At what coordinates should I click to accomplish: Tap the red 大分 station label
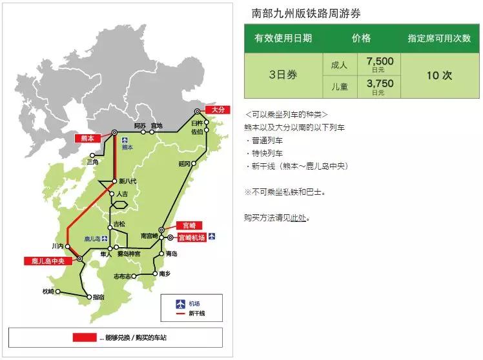[216, 110]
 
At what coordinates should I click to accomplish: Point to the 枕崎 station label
[48, 292]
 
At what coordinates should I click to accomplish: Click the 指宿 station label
[98, 297]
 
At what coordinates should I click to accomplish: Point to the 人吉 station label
[125, 194]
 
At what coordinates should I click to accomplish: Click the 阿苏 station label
[140, 125]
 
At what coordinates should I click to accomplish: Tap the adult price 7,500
[379, 61]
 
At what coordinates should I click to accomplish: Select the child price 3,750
[379, 84]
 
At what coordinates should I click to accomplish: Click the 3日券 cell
[283, 75]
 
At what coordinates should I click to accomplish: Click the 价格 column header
[361, 38]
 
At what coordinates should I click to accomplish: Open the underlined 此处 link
[298, 217]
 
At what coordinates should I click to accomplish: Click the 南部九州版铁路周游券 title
[302, 12]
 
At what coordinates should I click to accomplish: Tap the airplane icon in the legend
[180, 303]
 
